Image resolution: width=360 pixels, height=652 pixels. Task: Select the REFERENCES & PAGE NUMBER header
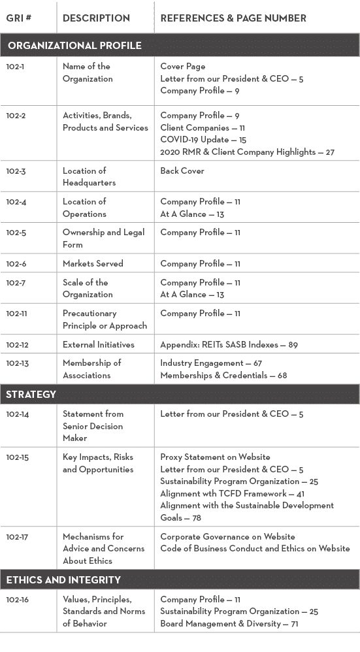pos(233,18)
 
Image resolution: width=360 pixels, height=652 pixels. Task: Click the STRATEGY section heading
pos(31,394)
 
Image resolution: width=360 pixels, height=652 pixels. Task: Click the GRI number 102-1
pos(16,67)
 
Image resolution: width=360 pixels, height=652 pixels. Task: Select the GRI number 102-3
pos(16,171)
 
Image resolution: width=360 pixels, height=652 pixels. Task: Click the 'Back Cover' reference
pos(182,171)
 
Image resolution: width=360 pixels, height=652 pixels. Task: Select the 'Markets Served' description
pos(93,264)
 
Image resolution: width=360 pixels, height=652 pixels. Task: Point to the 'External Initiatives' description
pos(98,344)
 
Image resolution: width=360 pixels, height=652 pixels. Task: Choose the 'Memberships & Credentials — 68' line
pos(223,376)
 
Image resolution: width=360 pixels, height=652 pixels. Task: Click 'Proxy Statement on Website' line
pos(215,457)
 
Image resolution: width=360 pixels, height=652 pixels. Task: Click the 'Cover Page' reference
pos(183,67)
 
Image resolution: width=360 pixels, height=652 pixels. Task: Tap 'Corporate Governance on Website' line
pos(227,536)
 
